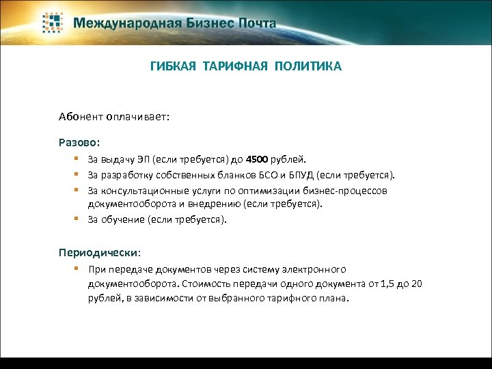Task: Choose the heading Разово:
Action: [x=79, y=143]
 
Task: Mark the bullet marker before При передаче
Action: [x=80, y=269]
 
